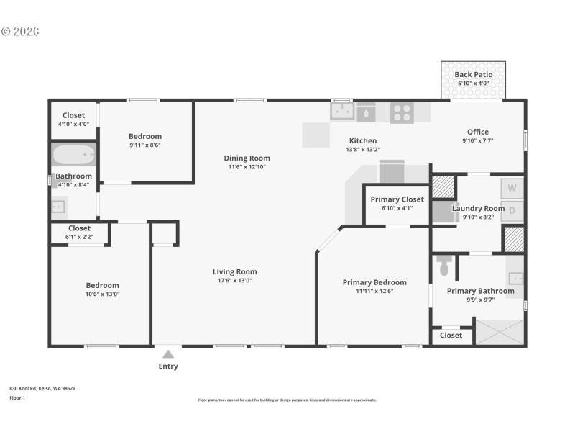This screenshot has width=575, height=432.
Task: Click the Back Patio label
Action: (x=473, y=75)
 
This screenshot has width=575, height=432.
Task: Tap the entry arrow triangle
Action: (x=168, y=354)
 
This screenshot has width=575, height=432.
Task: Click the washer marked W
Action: (x=512, y=189)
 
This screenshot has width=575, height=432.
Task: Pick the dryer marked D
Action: (x=512, y=210)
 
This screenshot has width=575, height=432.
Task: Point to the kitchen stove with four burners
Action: (x=402, y=112)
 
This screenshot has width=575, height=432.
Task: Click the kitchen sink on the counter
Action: (x=342, y=112)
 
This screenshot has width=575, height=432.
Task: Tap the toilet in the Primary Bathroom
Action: (x=443, y=266)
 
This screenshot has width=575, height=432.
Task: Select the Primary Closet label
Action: (x=397, y=199)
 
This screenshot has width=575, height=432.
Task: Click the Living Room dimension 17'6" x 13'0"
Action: (x=234, y=281)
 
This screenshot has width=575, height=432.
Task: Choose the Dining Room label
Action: (x=247, y=158)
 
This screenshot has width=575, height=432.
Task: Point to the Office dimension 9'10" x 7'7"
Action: (x=477, y=140)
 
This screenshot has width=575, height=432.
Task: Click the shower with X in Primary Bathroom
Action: (x=500, y=333)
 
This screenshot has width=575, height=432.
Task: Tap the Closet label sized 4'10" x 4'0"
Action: (x=73, y=115)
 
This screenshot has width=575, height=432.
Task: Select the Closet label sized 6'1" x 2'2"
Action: (x=79, y=228)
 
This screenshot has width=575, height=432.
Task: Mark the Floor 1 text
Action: (x=17, y=397)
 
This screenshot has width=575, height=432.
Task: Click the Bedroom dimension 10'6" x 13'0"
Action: (x=102, y=294)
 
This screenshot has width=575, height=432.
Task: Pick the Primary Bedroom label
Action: (x=374, y=282)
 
